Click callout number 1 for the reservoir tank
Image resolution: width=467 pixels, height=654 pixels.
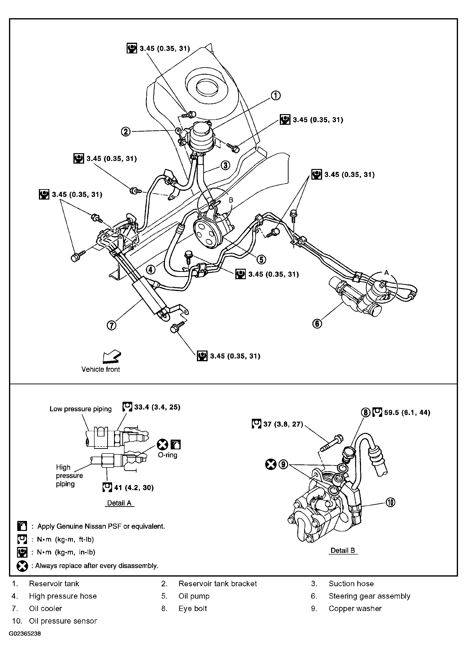(275, 96)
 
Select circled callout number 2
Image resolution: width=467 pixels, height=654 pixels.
(126, 132)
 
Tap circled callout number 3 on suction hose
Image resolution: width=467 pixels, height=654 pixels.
(225, 165)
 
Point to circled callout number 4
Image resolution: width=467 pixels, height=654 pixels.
(151, 269)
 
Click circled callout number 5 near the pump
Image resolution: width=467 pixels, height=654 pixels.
(261, 260)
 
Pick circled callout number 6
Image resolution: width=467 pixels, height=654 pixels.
(317, 324)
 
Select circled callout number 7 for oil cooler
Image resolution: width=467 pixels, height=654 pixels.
(112, 325)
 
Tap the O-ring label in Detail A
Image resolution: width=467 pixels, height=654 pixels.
(167, 455)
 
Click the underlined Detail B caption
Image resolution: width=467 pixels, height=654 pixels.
(343, 550)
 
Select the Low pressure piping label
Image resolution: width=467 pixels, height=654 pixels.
(80, 409)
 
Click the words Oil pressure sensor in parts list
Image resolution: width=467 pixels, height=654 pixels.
(63, 621)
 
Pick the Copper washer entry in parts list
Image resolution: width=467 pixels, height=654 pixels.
(355, 608)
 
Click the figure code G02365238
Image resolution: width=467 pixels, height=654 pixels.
(25, 634)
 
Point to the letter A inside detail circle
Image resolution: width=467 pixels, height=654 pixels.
(386, 272)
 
